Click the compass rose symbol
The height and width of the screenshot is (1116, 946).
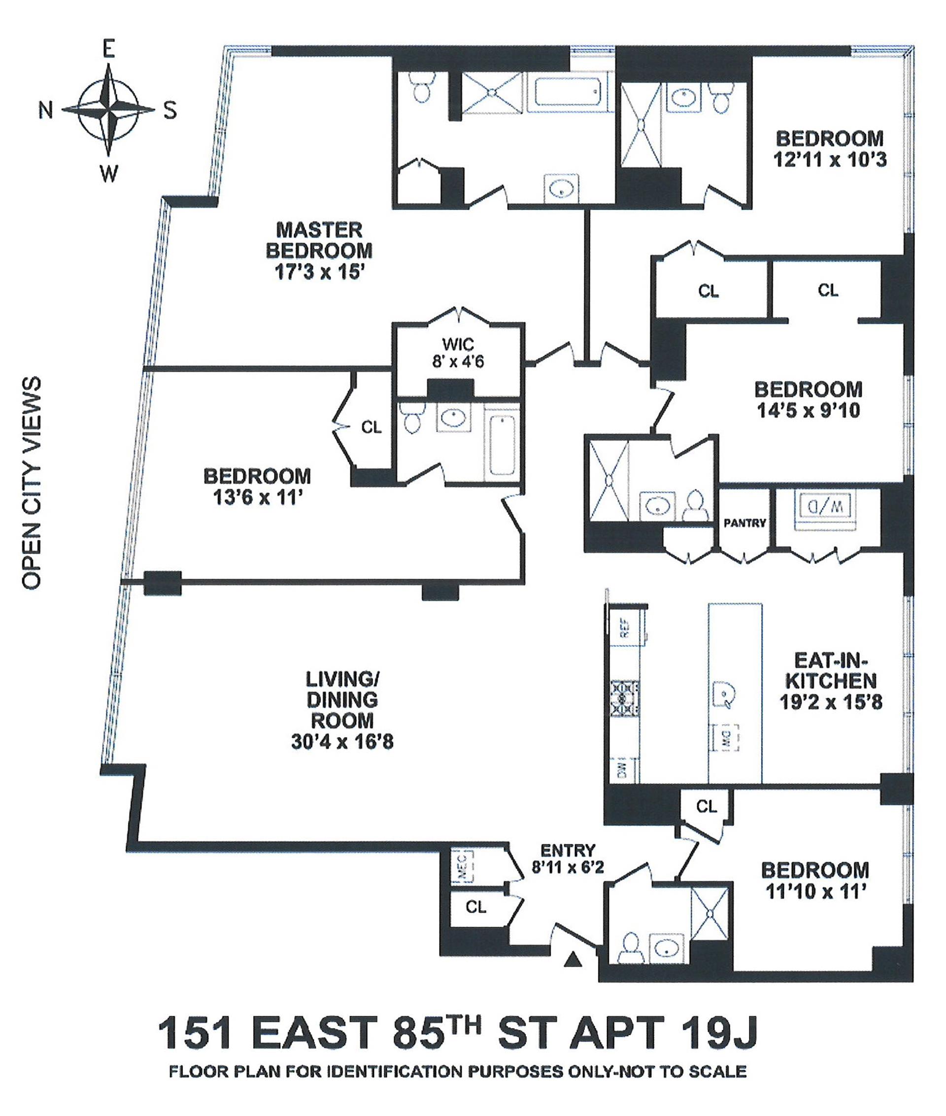pos(109,110)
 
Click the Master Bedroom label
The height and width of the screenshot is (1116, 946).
pos(319,241)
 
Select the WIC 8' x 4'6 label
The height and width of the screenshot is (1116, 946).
pos(458,352)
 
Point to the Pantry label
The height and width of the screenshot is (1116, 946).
pos(745,523)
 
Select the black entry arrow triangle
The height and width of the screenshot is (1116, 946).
pos(574,959)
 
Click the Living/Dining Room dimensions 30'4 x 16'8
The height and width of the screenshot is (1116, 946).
pos(342,742)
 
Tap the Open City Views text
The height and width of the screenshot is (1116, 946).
pos(32,483)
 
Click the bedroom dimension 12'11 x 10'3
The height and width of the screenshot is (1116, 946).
pos(830,159)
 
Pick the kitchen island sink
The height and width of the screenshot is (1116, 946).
pos(724,696)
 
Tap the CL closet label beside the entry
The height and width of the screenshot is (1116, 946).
pos(475,907)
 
